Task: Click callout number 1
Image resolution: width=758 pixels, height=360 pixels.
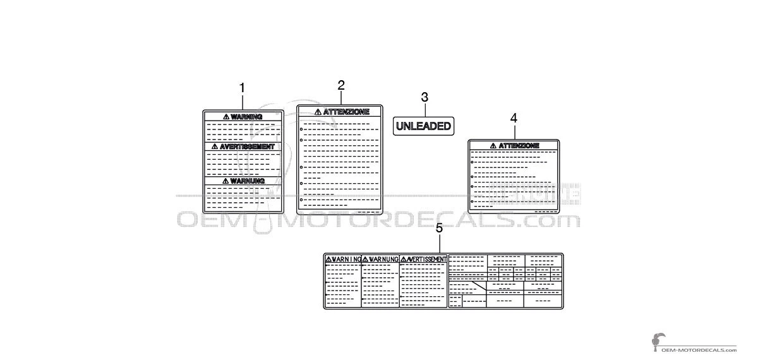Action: pos(242,88)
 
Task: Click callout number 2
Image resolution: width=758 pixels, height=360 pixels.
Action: pos(341,85)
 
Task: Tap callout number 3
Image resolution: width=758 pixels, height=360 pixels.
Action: pos(424,97)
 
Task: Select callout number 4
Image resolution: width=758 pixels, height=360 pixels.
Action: pos(514,119)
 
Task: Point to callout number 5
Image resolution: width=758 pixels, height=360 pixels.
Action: pos(439,229)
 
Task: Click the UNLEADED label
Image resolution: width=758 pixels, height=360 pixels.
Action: pos(423,126)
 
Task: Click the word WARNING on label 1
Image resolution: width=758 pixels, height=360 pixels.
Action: pos(246,117)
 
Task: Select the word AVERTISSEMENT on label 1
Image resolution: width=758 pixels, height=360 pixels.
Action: pos(247,147)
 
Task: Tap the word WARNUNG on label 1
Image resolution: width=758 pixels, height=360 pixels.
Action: pos(248,181)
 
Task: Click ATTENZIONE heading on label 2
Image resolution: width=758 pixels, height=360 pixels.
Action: pos(346,112)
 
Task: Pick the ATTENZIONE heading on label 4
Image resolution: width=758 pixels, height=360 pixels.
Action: pos(519,146)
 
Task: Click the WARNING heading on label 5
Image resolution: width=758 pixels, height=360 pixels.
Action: pos(346,259)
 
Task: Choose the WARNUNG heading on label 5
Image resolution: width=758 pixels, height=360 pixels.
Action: pos(383,259)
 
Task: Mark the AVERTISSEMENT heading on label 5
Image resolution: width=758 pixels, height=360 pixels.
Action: pos(426,259)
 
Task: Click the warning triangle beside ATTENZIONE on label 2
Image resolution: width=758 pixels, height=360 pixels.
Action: pos(318,112)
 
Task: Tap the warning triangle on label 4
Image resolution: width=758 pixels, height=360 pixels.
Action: pos(493,146)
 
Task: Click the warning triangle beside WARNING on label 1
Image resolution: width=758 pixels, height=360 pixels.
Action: pos(226,117)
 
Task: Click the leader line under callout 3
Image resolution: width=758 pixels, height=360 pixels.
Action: pos(425,111)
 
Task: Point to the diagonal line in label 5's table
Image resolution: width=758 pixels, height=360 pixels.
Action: pos(479,285)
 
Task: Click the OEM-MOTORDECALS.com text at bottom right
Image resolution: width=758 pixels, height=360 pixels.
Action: pos(699,350)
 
